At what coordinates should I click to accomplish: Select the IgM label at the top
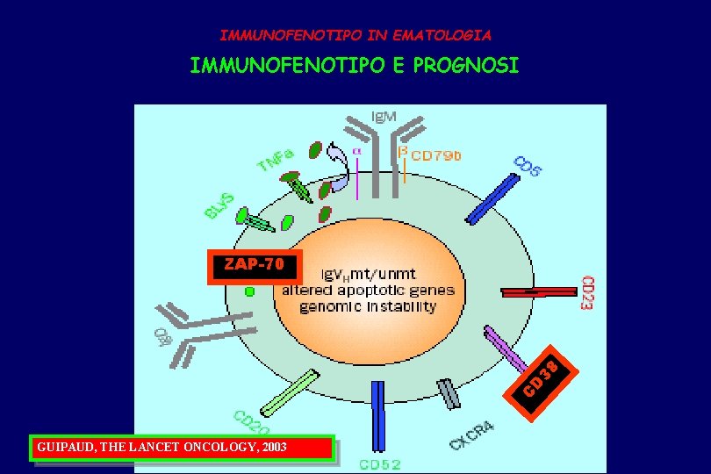(382, 117)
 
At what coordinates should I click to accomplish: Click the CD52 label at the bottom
(379, 463)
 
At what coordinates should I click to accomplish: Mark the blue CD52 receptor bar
(378, 415)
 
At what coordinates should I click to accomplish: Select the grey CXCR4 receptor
(449, 393)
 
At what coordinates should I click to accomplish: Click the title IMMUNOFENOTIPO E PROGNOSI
(355, 65)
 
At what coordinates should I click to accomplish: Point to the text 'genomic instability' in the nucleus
(368, 306)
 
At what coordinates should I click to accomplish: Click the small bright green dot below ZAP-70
(249, 291)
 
